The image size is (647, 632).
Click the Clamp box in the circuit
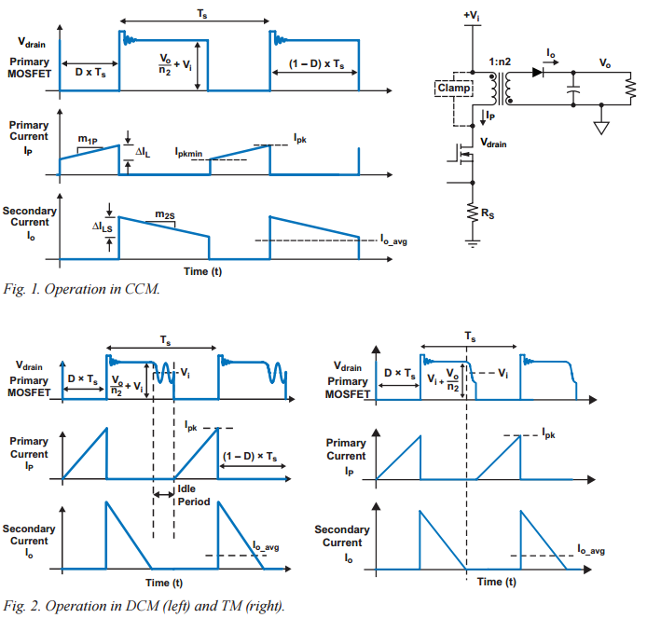[455, 89]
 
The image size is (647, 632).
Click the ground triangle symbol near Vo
[600, 126]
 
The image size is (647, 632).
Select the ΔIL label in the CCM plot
[143, 151]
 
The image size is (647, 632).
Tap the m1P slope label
[89, 140]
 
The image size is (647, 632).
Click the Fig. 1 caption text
[82, 288]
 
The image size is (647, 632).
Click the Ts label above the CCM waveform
[196, 13]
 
